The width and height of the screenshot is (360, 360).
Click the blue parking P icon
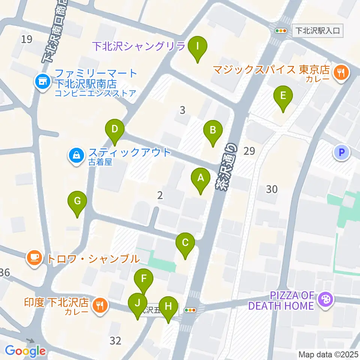341,152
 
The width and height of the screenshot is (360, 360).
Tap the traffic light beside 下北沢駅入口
280,31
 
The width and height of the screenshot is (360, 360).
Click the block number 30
271,189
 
